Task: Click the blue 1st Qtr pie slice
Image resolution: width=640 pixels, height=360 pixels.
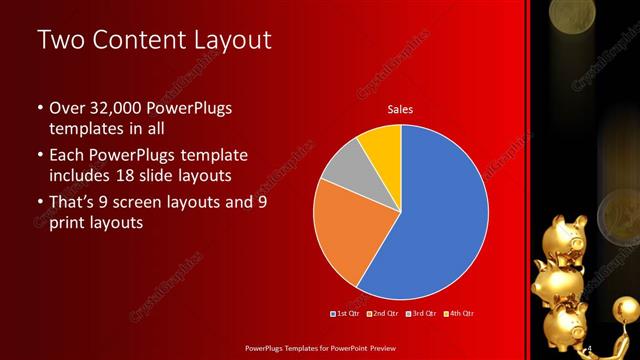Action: (x=440, y=215)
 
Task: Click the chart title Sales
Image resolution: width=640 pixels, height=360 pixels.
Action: (x=400, y=110)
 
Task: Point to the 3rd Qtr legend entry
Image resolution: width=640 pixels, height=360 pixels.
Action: (x=421, y=314)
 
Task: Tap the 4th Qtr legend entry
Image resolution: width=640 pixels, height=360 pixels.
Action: (x=459, y=314)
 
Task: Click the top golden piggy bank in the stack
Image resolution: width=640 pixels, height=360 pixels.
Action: (x=575, y=231)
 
